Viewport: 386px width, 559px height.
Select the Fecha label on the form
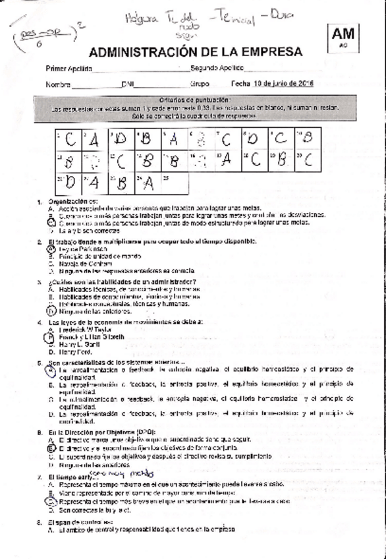click(x=240, y=84)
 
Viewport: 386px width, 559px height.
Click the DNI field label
click(x=128, y=84)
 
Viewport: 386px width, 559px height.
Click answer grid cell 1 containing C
click(x=68, y=139)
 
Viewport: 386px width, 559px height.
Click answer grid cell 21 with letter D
click(x=68, y=182)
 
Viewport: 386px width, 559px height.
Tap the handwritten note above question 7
click(x=115, y=473)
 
